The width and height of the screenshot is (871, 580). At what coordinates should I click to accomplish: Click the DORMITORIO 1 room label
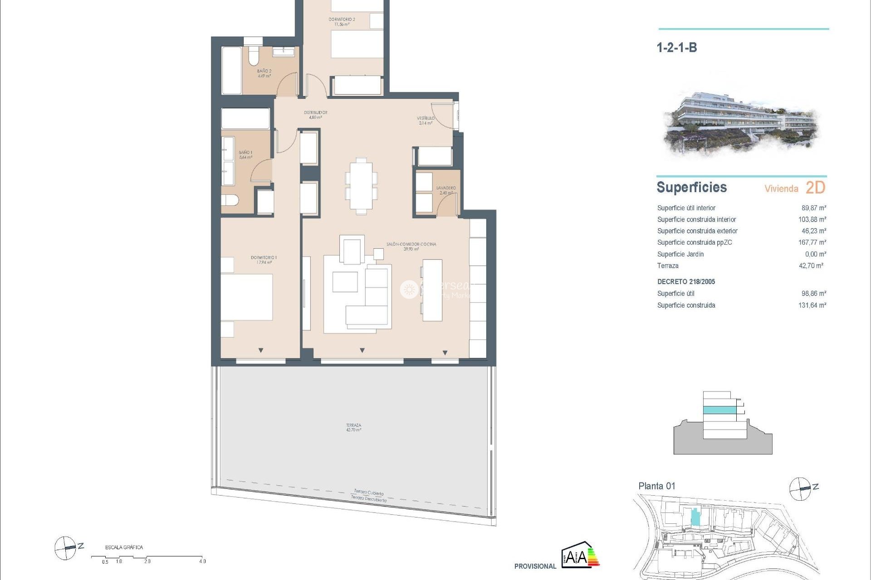pos(264,260)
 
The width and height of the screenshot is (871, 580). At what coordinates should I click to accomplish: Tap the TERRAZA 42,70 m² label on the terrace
pos(353,427)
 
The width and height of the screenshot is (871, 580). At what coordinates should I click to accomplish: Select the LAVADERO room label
pos(446,190)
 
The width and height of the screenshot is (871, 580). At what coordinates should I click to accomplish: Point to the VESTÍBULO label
pos(426,120)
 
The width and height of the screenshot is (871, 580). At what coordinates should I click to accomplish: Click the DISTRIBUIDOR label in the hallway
pos(315,115)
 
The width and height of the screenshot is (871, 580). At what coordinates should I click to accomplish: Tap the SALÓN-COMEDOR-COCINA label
pos(411,246)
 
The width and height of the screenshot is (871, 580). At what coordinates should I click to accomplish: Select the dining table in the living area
pos(361,185)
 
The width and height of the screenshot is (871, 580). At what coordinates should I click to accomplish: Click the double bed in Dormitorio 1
pos(247,297)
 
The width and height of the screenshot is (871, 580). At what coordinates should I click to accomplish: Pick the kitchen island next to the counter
pos(432,290)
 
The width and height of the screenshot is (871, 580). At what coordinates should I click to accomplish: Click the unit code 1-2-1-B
pos(676,48)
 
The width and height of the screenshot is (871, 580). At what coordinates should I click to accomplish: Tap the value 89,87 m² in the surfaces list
pos(813,208)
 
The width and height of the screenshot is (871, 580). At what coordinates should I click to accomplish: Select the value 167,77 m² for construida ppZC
pos(812,242)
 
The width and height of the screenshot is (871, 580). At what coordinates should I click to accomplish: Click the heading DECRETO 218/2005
pos(686,281)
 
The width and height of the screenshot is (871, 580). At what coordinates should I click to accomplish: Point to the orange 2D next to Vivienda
pos(815,188)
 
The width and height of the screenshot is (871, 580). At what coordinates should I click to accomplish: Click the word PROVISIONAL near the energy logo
pos(535,566)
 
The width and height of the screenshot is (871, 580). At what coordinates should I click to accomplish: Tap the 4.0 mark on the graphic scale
pos(202,561)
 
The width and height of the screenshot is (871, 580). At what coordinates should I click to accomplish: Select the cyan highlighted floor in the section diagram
pos(719,410)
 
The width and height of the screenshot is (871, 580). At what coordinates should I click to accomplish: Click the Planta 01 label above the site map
pos(656,486)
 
